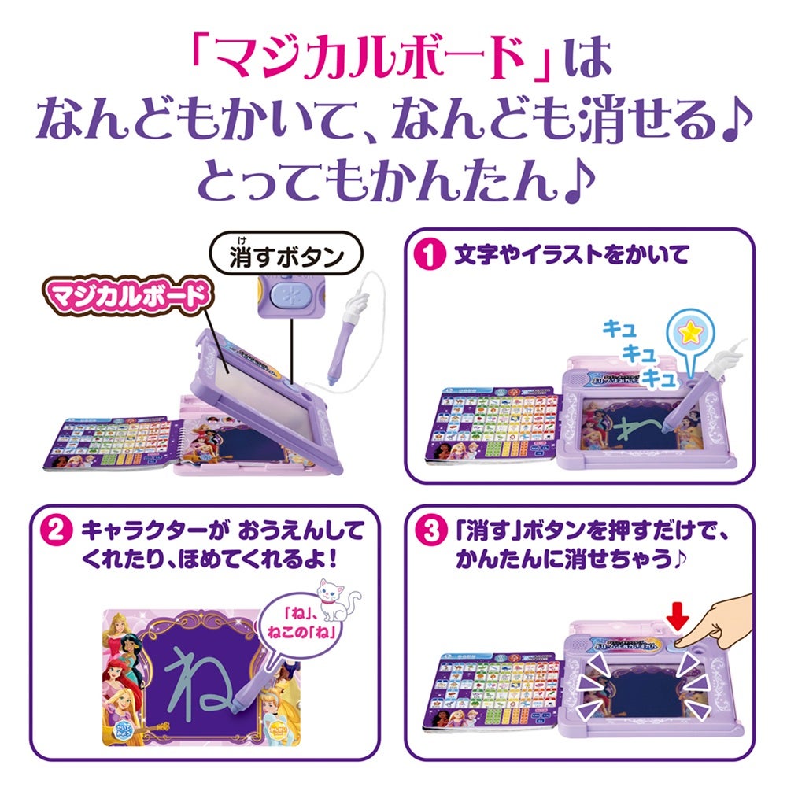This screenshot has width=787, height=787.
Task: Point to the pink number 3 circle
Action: coord(430,530)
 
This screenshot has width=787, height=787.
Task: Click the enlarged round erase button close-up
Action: coord(284,298)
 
